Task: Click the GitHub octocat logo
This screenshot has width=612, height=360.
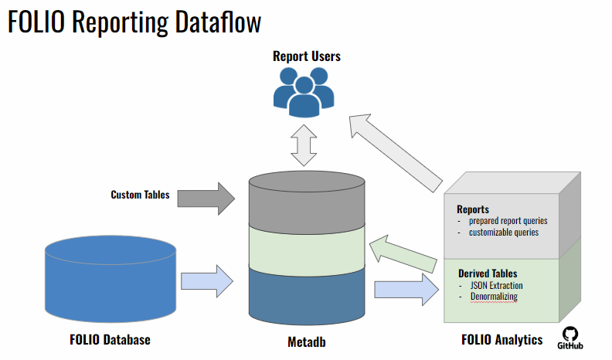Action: pos(569,338)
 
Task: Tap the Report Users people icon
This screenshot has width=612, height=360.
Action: pos(304,93)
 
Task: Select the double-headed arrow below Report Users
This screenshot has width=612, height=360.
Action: pos(304,145)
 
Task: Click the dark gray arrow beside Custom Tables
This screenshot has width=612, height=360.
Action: pos(206,199)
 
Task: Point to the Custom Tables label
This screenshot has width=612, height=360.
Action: pos(140,195)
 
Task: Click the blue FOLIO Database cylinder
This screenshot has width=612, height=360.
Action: pos(110,279)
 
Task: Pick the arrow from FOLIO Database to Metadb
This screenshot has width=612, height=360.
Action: pos(207,281)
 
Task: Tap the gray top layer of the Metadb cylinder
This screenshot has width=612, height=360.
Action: pos(307,202)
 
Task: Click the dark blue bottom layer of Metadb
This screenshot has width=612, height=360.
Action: pos(307,296)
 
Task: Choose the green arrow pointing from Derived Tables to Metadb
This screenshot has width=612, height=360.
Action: pos(403,253)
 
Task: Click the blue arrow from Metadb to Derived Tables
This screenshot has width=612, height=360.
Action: pos(406,290)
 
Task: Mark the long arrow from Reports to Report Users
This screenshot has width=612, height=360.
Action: pos(396,153)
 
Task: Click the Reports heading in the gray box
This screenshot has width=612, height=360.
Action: pos(473,209)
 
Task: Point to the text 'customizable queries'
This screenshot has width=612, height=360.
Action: pos(504,233)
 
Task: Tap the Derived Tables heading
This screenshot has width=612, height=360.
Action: pos(488,273)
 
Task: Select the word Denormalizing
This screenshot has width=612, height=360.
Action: pos(494,297)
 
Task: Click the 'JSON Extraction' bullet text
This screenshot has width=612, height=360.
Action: pos(496,286)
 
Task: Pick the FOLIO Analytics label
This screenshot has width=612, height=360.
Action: pos(502,340)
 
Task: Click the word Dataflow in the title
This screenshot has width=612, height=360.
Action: pos(218,22)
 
